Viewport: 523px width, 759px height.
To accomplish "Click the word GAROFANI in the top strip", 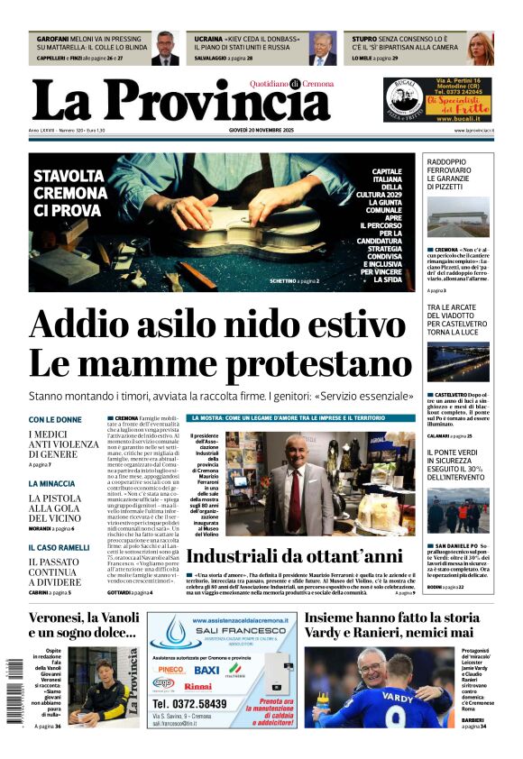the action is coord(53,40).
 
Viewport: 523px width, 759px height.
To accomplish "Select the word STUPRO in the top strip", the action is coord(364,40).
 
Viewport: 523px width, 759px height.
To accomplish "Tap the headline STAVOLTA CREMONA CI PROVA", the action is coord(69,193).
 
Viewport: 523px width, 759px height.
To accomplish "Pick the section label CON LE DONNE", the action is coord(55,420).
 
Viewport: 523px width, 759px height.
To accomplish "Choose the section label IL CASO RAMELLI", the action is coord(60,547).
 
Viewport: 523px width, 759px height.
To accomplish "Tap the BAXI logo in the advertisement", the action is coord(206,670).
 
